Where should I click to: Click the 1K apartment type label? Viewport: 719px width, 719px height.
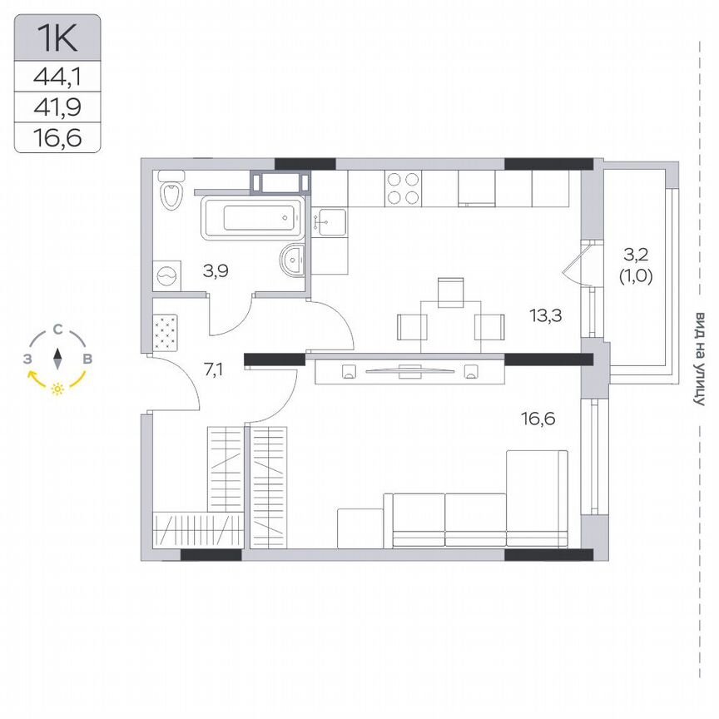click(57, 37)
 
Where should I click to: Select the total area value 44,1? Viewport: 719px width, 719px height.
click(57, 77)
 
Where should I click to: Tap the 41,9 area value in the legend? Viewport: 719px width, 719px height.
click(57, 107)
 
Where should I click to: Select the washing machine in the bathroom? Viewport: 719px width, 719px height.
click(169, 273)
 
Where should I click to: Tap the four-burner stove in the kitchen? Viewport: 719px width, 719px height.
click(403, 188)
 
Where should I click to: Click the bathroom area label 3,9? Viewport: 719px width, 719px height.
click(217, 270)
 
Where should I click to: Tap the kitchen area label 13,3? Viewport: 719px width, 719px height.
click(544, 315)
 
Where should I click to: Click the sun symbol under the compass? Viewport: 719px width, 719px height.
click(57, 389)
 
